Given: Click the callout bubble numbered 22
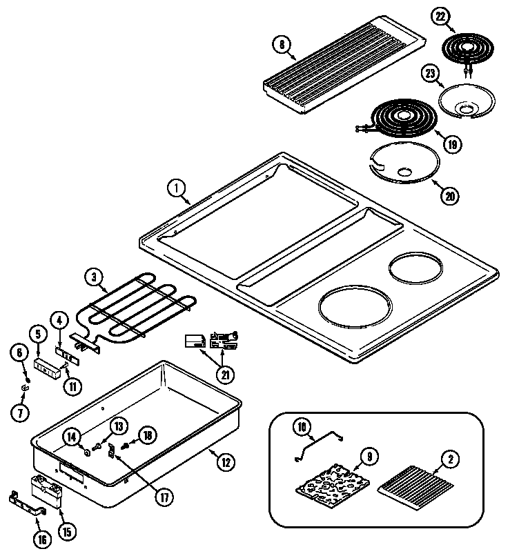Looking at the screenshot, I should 440,17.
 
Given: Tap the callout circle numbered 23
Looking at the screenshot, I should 431,74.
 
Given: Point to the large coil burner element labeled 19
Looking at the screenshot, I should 397,120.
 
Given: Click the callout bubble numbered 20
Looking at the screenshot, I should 449,195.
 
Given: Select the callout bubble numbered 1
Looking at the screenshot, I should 177,187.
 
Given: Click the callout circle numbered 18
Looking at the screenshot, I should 147,435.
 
